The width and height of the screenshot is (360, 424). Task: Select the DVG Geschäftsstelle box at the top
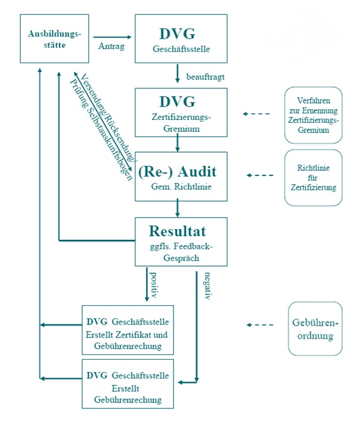pos(181,39)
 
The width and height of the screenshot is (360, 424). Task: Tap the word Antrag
pos(111,47)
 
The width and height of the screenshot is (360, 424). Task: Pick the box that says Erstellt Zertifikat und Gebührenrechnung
pos(128,330)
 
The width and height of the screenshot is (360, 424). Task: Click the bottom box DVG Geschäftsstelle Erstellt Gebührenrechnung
pos(128,383)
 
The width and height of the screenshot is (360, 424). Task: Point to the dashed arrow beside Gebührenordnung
pos(260,325)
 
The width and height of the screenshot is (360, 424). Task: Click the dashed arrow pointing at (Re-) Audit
pos(260,175)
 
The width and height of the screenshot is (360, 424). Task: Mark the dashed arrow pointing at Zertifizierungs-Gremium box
pos(257,114)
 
